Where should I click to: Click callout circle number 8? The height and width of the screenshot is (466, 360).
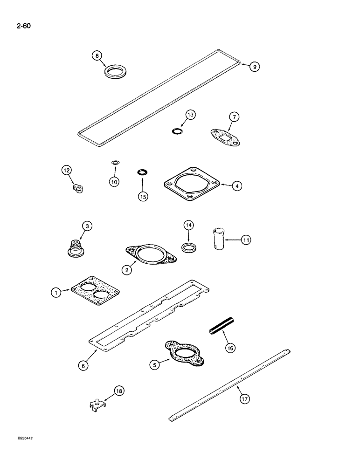(x=97, y=56)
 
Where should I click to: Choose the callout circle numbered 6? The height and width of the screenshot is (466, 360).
(x=83, y=366)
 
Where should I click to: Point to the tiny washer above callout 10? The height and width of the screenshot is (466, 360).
(x=115, y=162)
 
